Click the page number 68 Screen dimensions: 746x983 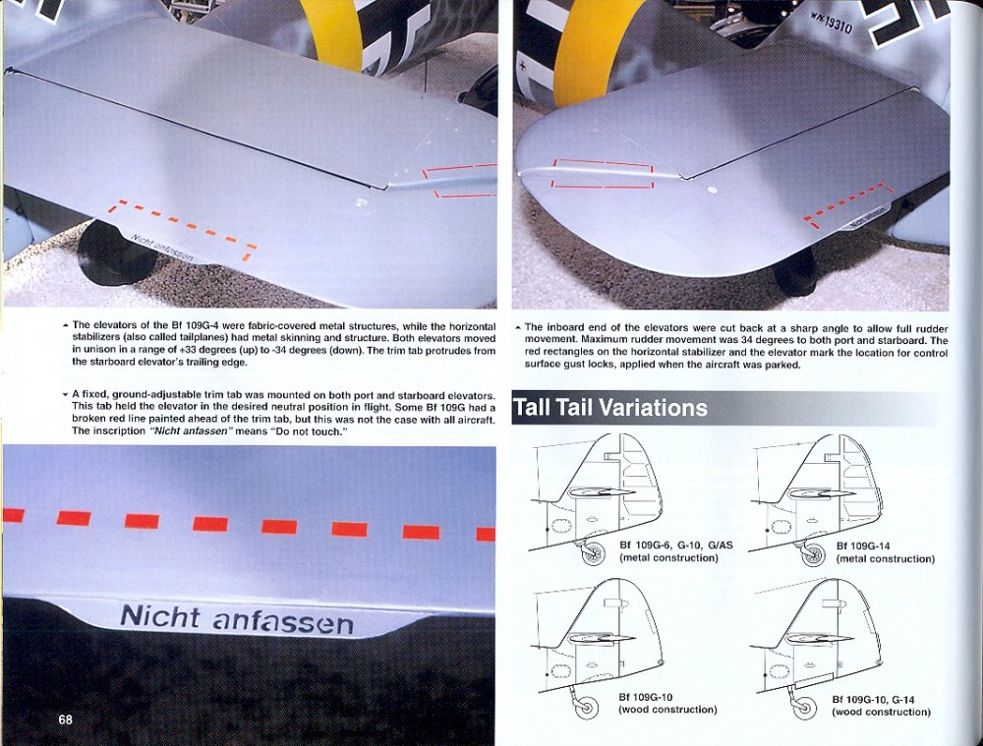pos(65,719)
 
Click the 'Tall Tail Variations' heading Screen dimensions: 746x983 pos(609,407)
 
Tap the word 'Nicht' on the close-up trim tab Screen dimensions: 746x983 pos(158,616)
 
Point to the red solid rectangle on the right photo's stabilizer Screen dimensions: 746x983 pos(603,174)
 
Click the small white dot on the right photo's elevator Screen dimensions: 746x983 pos(713,189)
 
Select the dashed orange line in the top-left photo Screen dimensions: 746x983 pos(182,225)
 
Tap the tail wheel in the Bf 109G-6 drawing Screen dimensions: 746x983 pos(594,553)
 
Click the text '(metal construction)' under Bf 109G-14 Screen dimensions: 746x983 pos(885,558)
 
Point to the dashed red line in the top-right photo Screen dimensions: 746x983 pos(847,201)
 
